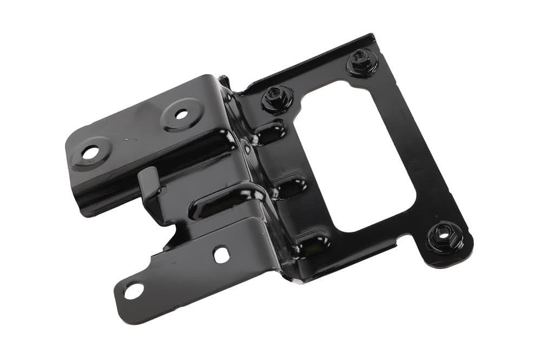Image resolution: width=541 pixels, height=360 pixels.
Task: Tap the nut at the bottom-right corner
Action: click(x=445, y=237)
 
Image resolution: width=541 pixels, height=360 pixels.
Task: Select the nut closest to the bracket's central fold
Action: click(x=277, y=97)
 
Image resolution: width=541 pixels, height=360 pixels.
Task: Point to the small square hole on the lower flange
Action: click(x=221, y=254)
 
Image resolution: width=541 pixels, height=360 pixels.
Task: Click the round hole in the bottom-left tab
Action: click(x=134, y=291)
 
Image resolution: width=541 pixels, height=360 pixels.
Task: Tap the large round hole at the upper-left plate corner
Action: click(x=90, y=153)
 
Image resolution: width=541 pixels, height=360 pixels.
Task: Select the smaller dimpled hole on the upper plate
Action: click(x=182, y=114)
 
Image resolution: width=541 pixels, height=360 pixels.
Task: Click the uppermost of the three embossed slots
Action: click(x=269, y=132)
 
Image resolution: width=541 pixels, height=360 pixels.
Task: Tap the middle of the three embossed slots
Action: click(x=291, y=187)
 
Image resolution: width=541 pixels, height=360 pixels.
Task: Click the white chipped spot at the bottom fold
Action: click(x=297, y=280)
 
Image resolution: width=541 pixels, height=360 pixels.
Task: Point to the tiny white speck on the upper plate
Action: click(x=126, y=139)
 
